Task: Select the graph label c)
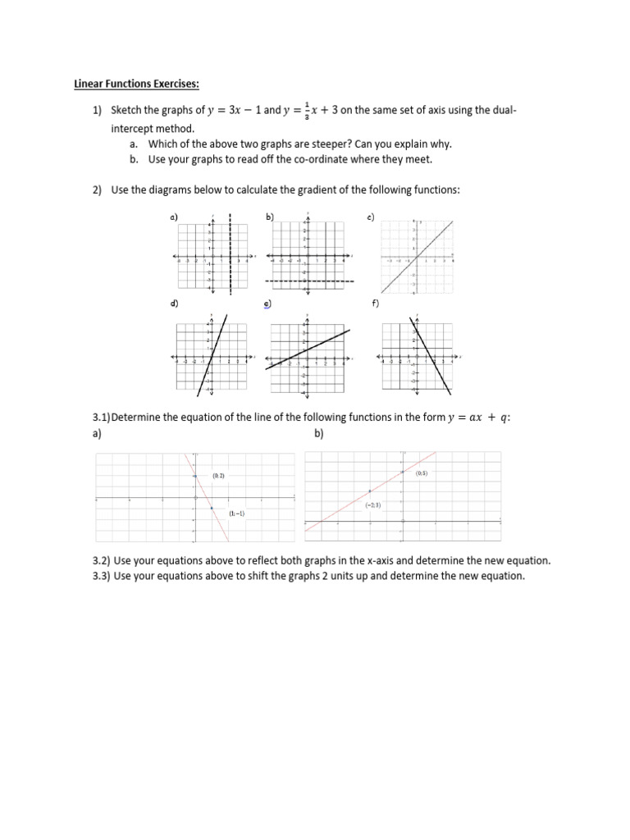(371, 217)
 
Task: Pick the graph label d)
(174, 304)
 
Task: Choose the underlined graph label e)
(267, 304)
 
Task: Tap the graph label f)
(374, 304)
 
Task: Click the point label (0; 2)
(218, 476)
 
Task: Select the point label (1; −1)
(237, 514)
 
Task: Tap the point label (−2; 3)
(373, 506)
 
